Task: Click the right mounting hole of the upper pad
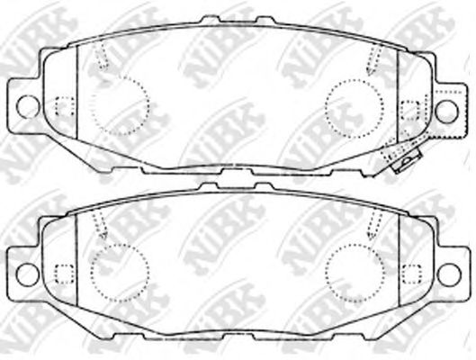[x=447, y=109]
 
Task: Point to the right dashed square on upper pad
[x=410, y=108]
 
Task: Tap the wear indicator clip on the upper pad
[x=402, y=161]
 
